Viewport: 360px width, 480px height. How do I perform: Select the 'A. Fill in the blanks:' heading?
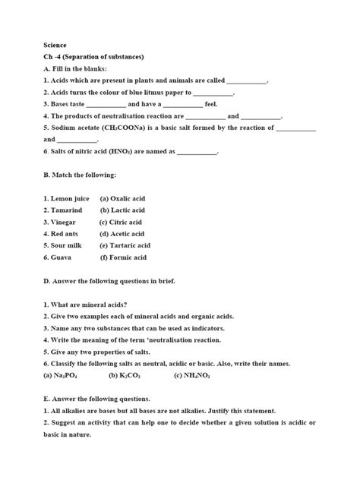click(x=76, y=68)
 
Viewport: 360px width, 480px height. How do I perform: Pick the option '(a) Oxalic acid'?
click(x=122, y=198)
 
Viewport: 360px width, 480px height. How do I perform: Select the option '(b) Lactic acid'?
click(x=122, y=210)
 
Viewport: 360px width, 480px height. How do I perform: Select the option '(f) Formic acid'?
click(x=122, y=257)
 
